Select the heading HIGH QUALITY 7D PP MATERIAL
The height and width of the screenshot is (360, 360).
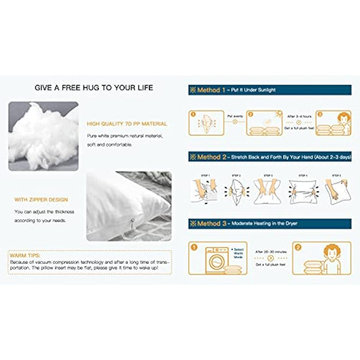click(x=127, y=124)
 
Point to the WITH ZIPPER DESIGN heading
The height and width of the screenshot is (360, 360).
click(x=41, y=200)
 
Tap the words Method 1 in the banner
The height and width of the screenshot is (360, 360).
click(x=208, y=90)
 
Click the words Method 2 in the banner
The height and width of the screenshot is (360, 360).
click(x=208, y=157)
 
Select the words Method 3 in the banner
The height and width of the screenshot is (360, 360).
click(x=208, y=224)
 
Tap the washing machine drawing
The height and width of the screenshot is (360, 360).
click(x=212, y=259)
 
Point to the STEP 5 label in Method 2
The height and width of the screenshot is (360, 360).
click(x=337, y=176)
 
